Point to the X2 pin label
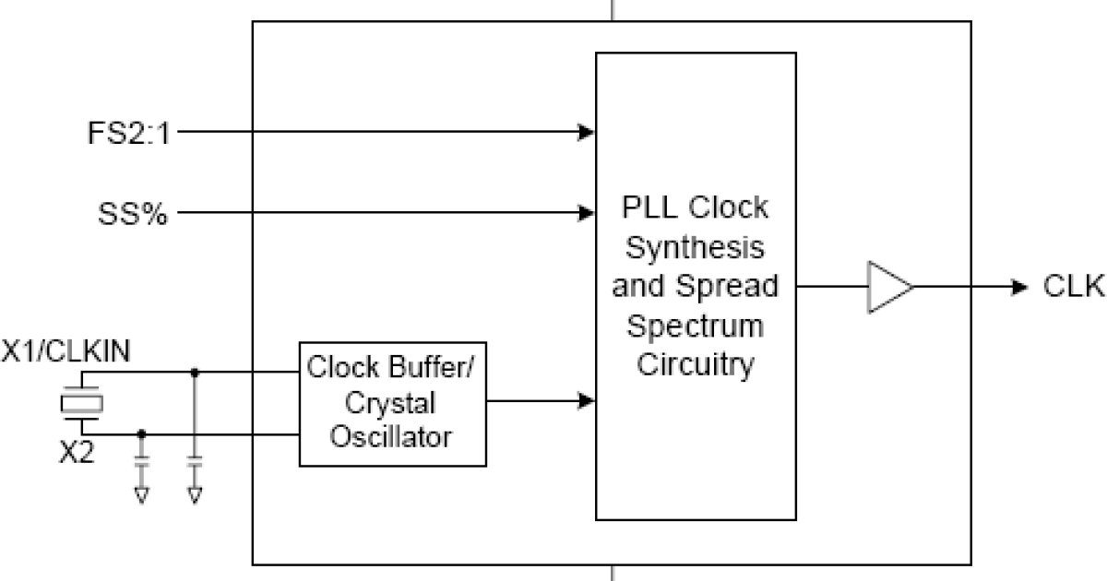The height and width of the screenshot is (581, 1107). click(77, 454)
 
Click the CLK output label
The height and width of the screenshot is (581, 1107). click(1073, 287)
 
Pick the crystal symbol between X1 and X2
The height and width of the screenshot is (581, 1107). click(81, 403)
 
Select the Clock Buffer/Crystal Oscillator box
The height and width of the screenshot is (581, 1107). click(392, 403)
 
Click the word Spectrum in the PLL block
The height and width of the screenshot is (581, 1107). click(695, 326)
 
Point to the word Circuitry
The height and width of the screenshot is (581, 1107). click(695, 365)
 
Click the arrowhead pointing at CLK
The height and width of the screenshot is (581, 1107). click(1019, 287)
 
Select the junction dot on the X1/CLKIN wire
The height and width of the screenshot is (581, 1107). click(194, 373)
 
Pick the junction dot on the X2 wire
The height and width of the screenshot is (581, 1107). click(141, 433)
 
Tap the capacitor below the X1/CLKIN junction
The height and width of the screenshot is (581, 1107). click(194, 460)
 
